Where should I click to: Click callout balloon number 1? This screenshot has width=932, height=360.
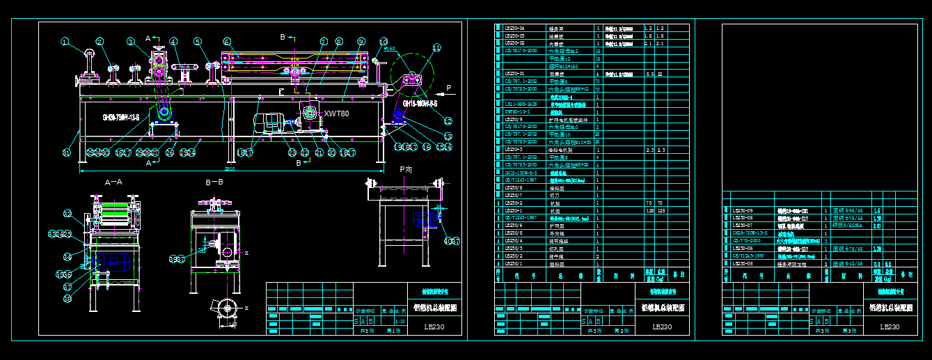point(65,42)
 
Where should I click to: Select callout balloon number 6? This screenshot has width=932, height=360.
point(227,42)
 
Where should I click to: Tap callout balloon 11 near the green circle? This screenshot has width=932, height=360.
point(437,48)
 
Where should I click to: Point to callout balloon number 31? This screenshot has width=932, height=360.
point(67,152)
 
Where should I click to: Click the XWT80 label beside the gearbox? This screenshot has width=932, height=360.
point(336,113)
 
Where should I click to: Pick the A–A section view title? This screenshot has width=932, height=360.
point(113,182)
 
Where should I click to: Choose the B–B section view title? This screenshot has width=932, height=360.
point(214,182)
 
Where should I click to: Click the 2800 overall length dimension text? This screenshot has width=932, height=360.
point(230,168)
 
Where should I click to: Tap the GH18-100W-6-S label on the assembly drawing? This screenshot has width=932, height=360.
point(417,104)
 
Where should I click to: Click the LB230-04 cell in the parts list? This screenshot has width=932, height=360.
point(514,28)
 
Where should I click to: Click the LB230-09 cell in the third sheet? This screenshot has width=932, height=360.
point(743,210)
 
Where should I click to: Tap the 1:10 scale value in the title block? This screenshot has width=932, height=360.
point(400,321)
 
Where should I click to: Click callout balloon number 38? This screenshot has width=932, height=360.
point(68,298)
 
